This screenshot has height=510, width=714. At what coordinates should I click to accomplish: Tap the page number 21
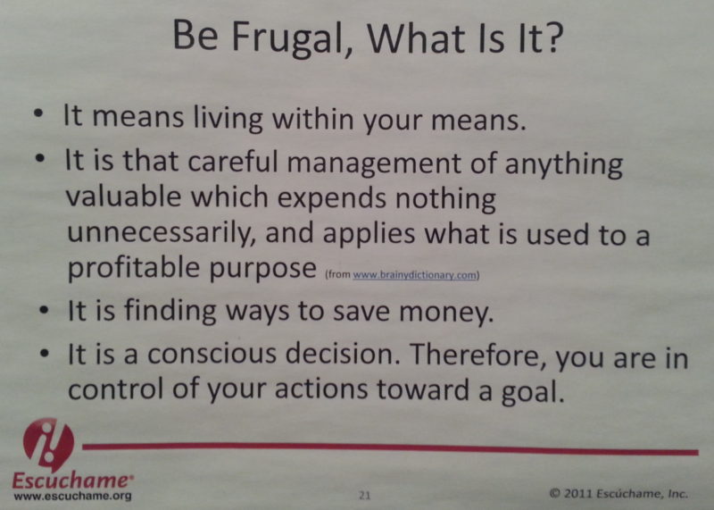click(x=364, y=491)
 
